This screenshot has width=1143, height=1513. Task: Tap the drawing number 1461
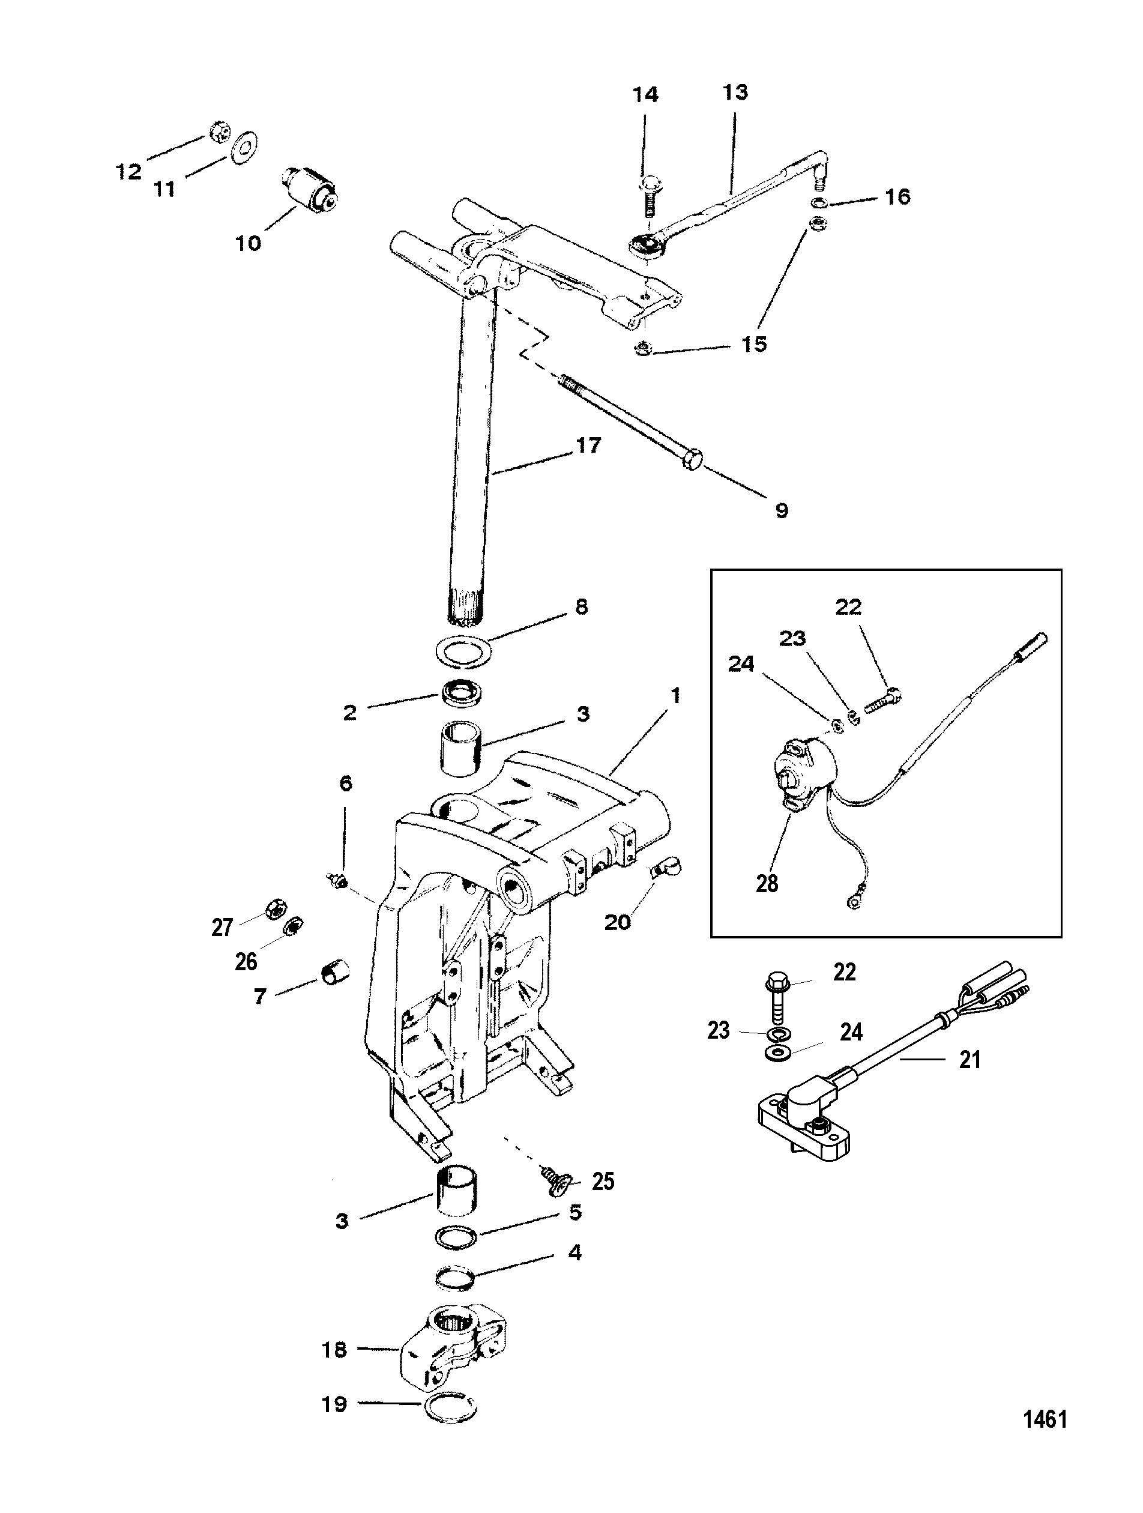tap(1045, 1455)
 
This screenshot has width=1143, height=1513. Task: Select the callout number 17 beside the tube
tap(588, 446)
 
